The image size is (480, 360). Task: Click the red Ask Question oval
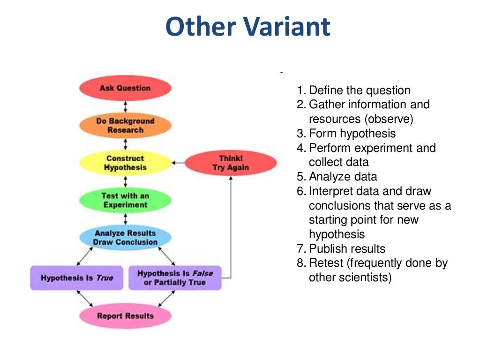point(125,88)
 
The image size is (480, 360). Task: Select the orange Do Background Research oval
point(125,125)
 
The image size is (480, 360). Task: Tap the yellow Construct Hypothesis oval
point(125,163)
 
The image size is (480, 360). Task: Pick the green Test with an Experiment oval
point(125,200)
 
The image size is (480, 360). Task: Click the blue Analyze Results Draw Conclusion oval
point(125,237)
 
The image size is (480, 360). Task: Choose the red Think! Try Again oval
point(231,163)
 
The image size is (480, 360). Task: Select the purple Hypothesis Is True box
point(76,278)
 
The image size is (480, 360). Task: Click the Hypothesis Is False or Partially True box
point(174,278)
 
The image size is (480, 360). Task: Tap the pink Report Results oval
point(125,315)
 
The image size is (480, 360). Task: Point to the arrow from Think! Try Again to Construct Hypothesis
point(178,163)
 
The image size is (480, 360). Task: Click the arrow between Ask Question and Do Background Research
point(125,106)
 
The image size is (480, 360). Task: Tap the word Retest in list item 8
point(325,263)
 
